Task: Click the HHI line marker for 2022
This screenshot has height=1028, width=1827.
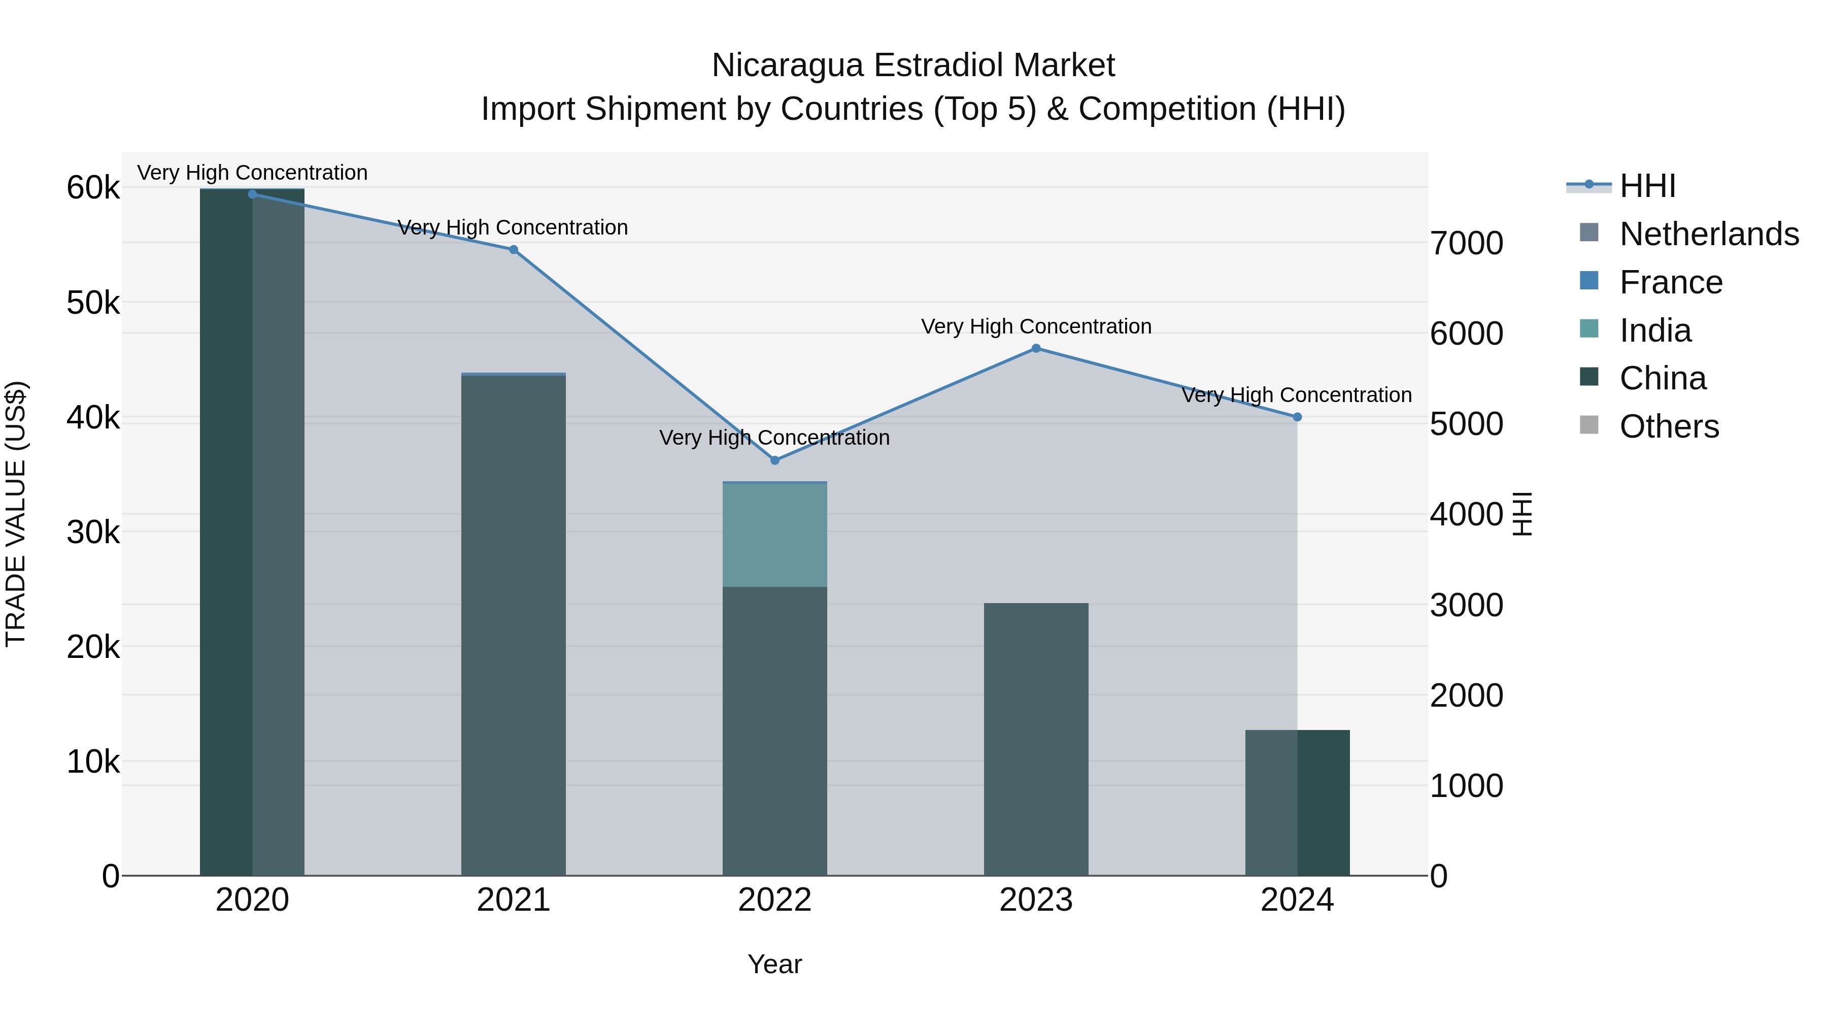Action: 774,460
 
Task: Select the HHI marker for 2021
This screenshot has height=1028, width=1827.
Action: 514,250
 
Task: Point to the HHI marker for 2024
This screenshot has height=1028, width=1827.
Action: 1297,417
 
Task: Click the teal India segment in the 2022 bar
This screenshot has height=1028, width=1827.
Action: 774,536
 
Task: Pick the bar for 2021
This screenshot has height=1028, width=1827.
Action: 514,624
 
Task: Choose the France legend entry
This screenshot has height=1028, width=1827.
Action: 1670,282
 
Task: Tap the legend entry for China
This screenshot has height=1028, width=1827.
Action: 1663,378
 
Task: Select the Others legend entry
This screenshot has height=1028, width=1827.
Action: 1669,426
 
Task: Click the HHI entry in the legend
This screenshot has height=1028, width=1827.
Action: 1647,186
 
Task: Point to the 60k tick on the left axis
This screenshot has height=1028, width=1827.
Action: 93,189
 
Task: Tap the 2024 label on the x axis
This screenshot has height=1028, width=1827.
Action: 1297,900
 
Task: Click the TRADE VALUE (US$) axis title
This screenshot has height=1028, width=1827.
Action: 16,514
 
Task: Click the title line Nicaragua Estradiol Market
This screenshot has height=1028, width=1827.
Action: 913,65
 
